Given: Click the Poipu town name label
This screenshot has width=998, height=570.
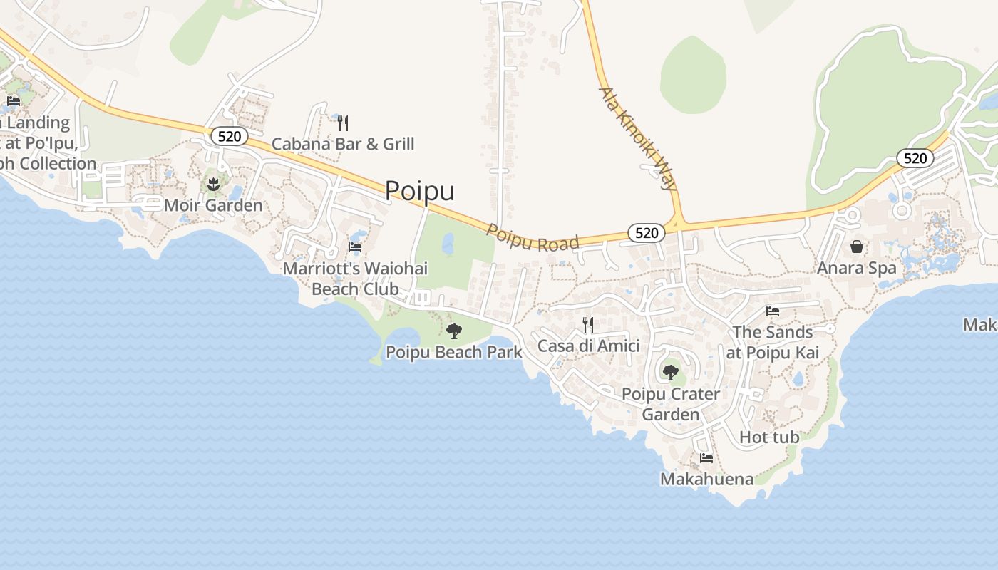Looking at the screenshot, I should tap(419, 191).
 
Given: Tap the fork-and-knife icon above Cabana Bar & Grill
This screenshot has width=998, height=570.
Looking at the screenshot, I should tap(343, 123).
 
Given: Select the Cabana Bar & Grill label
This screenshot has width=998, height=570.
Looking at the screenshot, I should tap(343, 144).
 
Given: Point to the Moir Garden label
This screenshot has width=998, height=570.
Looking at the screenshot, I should tap(213, 205).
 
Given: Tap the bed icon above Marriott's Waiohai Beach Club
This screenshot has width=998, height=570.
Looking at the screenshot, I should tap(355, 247).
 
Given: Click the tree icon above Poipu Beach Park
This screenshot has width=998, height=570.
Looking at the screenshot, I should tap(453, 331).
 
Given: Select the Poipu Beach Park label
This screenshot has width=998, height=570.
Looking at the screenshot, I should tap(453, 352).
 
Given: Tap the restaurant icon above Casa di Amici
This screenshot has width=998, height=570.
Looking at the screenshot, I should tap(588, 325).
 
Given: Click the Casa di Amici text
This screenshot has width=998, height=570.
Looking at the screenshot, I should tap(588, 346).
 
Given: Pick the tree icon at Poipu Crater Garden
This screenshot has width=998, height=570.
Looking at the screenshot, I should tap(670, 372).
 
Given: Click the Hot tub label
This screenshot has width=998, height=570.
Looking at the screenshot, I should tap(769, 437).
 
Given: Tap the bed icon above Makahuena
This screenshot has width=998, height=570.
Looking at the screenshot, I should tap(706, 458).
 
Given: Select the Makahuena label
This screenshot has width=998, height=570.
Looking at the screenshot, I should tap(706, 479).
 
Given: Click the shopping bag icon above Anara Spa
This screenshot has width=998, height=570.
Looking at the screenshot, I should tap(856, 247).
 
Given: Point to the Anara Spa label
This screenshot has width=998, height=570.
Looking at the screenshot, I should tap(856, 268).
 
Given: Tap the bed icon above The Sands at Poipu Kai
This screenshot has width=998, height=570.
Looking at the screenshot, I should tap(772, 311).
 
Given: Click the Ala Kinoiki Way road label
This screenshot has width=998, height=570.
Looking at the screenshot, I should tap(637, 140).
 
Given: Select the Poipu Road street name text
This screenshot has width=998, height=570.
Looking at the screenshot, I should tap(533, 238).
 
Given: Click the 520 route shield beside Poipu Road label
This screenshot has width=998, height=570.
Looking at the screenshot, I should tap(647, 232).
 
